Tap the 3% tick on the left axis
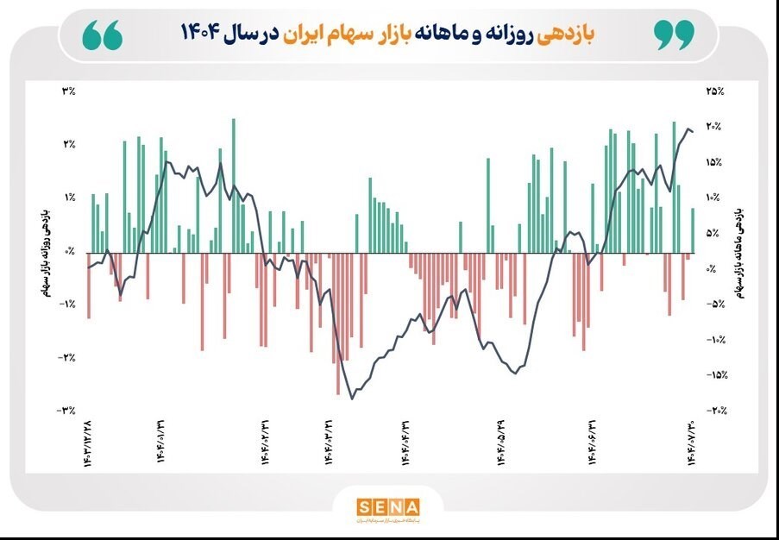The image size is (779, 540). pyautogui.click(x=69, y=91)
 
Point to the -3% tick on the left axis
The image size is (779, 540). pyautogui.click(x=67, y=411)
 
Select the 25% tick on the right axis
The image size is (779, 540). pyautogui.click(x=714, y=91)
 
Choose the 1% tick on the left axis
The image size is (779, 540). pyautogui.click(x=69, y=198)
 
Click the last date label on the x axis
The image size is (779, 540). pyautogui.click(x=691, y=443)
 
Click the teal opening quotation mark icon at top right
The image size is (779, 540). pyautogui.click(x=674, y=35)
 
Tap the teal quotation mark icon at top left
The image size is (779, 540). pyautogui.click(x=103, y=35)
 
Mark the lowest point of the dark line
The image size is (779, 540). pyautogui.click(x=352, y=398)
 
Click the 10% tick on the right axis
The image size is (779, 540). pyautogui.click(x=713, y=198)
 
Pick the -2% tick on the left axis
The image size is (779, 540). pyautogui.click(x=67, y=357)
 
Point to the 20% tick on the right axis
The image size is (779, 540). pyautogui.click(x=714, y=127)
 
